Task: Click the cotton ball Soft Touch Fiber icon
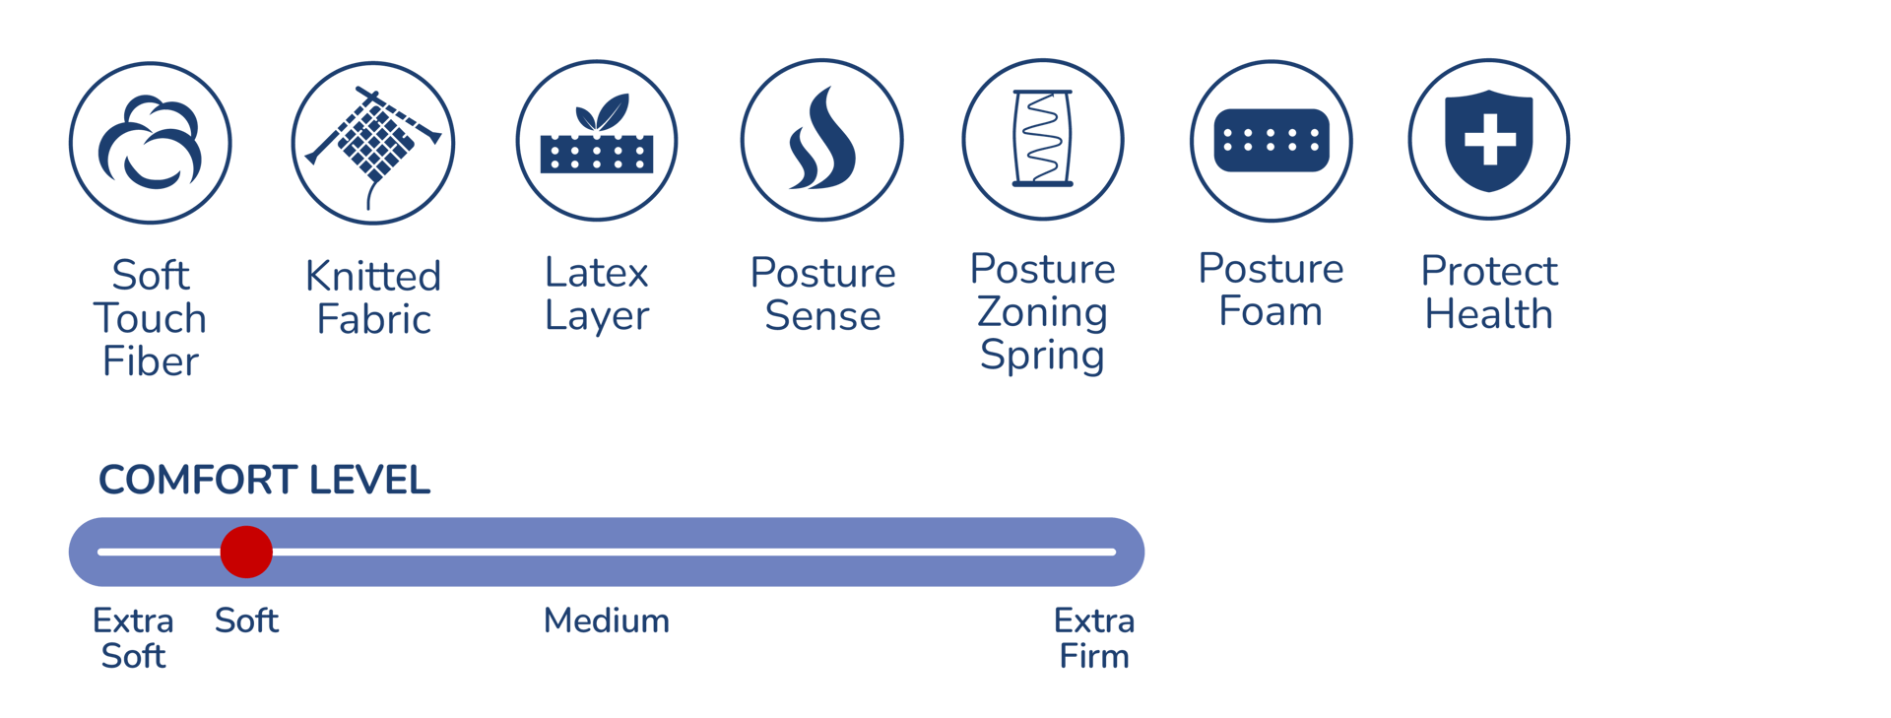(150, 143)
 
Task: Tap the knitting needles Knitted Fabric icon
(373, 143)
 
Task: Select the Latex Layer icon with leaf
(597, 141)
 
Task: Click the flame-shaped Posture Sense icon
(821, 140)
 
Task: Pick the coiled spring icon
(1043, 139)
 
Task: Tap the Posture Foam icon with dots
(1272, 141)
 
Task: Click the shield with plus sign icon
(1489, 140)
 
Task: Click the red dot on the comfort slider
(246, 552)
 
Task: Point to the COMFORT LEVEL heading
(264, 481)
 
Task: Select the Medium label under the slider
(607, 621)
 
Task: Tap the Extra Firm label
(1094, 638)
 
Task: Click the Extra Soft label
(133, 638)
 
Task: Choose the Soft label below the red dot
(247, 621)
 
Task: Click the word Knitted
(373, 276)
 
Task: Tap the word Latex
(597, 273)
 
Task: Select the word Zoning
(1042, 313)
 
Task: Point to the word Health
(1489, 315)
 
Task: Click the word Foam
(1271, 312)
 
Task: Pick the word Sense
(822, 316)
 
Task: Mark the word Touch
(150, 319)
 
